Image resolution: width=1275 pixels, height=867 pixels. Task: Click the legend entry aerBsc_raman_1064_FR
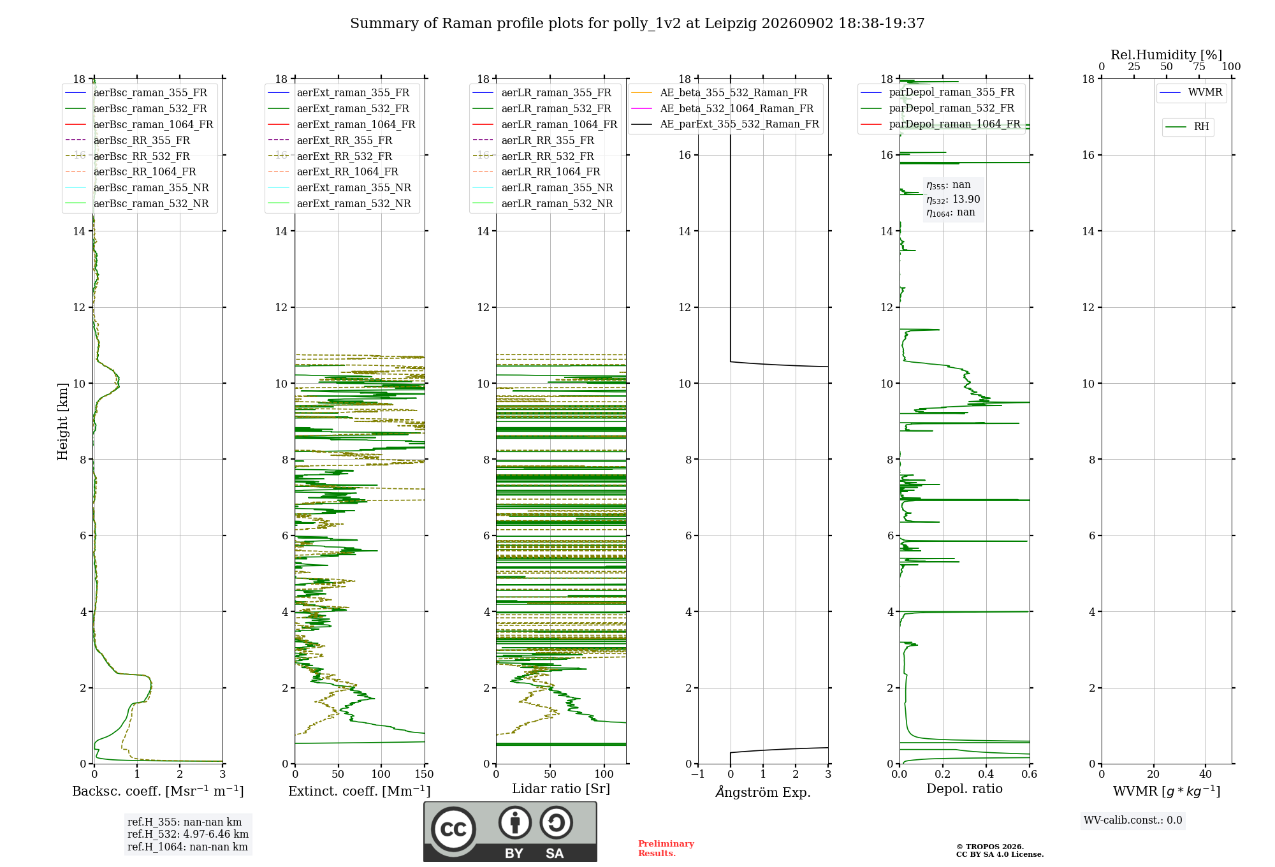click(139, 124)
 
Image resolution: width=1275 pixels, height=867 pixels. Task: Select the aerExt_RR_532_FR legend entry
click(330, 156)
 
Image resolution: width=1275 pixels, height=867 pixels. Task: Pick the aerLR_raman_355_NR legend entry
click(543, 187)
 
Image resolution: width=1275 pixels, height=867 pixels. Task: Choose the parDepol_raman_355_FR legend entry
click(937, 92)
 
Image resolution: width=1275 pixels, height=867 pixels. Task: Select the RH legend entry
click(1187, 127)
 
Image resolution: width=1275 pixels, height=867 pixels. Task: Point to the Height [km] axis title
click(62, 421)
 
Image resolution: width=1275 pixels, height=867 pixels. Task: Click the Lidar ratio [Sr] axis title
click(561, 789)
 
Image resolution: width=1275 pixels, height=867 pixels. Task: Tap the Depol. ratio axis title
click(965, 789)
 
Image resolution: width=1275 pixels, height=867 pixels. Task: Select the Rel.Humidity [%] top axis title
click(1167, 55)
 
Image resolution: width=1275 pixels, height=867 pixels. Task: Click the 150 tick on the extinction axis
click(424, 774)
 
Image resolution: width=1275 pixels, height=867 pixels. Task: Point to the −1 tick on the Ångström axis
click(698, 774)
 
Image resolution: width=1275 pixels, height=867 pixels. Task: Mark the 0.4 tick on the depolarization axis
click(986, 774)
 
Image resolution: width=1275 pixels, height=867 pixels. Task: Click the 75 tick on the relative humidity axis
click(1199, 67)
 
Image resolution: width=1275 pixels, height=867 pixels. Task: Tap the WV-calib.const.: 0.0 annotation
click(1133, 820)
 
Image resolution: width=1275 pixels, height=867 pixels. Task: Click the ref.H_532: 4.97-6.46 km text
click(188, 834)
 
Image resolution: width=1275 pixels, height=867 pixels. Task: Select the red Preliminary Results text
click(666, 849)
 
